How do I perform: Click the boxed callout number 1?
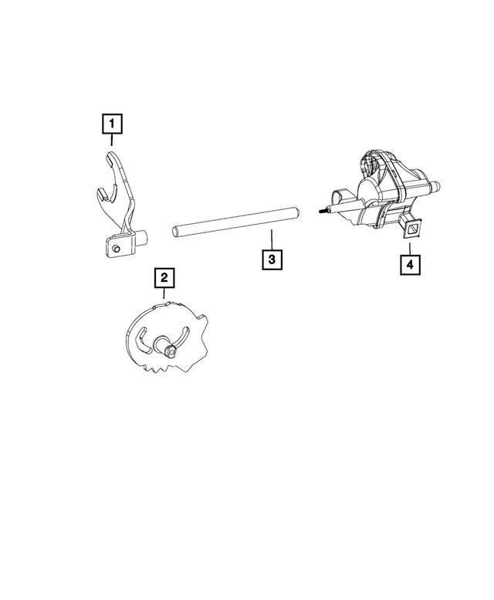click(112, 124)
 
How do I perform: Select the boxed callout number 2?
click(164, 278)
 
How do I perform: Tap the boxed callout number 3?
click(272, 259)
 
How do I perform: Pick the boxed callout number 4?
click(410, 264)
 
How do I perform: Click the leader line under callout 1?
click(112, 140)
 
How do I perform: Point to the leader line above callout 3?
click(272, 239)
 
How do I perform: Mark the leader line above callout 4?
click(410, 249)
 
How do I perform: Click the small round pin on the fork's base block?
click(117, 249)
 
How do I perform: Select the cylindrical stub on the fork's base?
click(143, 237)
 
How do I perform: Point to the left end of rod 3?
click(174, 231)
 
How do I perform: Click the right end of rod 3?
click(296, 212)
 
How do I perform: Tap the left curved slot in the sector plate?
click(141, 340)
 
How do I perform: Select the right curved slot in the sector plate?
click(182, 336)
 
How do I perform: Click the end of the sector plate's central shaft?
click(172, 350)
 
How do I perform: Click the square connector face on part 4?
click(412, 229)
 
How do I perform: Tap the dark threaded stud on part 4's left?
click(323, 210)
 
